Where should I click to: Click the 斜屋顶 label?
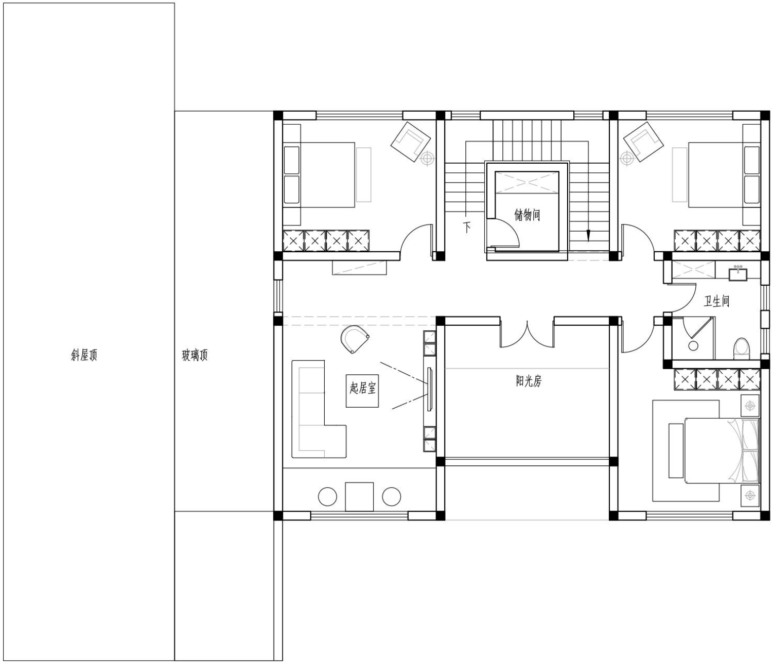pos(84,355)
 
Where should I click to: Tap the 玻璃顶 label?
pos(195,355)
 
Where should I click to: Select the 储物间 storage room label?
pos(527,215)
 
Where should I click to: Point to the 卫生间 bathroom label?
pos(716,302)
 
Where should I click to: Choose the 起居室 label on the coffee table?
pos(362,389)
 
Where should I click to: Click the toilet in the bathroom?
pos(741,349)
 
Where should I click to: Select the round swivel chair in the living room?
pos(355,339)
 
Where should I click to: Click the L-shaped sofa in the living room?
pos(318,409)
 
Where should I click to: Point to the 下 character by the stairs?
pos(467,226)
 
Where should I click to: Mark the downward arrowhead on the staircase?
pos(588,235)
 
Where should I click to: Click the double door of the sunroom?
pos(527,334)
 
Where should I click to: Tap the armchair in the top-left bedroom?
pos(411,142)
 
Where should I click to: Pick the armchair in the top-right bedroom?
pos(643,142)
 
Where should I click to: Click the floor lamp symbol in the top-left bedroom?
pos(427,159)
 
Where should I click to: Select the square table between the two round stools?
pos(359,496)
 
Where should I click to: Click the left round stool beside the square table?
pos(327,496)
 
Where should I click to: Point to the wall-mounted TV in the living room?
pos(430,389)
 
